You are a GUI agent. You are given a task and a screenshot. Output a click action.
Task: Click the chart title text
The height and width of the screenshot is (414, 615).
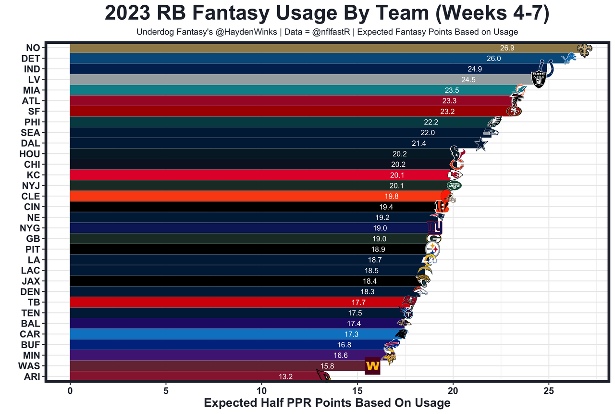[327, 13]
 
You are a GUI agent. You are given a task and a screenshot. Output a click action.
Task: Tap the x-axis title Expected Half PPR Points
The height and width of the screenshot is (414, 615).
[327, 402]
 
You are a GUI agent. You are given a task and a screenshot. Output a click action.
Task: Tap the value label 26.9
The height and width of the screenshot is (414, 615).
[507, 48]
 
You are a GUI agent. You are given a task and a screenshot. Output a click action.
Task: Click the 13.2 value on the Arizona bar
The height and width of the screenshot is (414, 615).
[285, 376]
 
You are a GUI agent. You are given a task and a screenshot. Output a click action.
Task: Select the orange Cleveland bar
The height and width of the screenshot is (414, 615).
[240, 196]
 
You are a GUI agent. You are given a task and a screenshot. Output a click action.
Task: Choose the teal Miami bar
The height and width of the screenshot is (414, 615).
[240, 90]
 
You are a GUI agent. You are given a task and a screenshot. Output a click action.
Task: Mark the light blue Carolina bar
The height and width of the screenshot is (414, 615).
[216, 334]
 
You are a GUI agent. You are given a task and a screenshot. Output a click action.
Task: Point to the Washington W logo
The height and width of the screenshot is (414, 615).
[372, 366]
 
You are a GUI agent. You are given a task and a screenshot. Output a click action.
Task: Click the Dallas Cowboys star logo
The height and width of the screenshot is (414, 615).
[481, 144]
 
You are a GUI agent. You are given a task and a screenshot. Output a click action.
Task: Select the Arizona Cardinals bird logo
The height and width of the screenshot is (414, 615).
[323, 375]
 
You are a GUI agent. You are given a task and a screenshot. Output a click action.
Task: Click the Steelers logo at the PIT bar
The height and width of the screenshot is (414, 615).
[433, 249]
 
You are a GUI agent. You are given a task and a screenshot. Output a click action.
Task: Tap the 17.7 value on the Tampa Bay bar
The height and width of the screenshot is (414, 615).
[359, 302]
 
